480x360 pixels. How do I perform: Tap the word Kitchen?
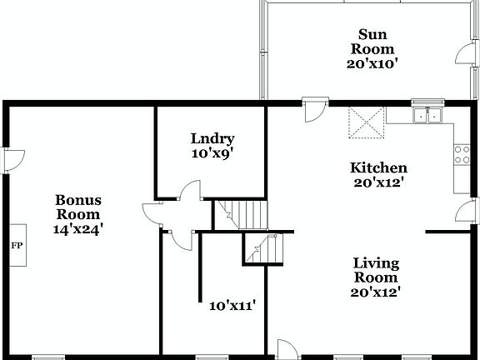pyautogui.click(x=377, y=167)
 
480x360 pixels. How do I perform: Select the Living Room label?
pyautogui.click(x=376, y=270)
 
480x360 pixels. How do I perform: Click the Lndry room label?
pyautogui.click(x=212, y=139)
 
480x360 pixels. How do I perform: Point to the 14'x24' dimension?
pyautogui.click(x=78, y=227)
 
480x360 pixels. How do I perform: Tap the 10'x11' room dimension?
pyautogui.click(x=232, y=305)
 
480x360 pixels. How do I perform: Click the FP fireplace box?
pyautogui.click(x=15, y=246)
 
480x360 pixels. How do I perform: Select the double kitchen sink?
pyautogui.click(x=427, y=116)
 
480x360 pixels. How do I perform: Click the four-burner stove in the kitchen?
pyautogui.click(x=461, y=154)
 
